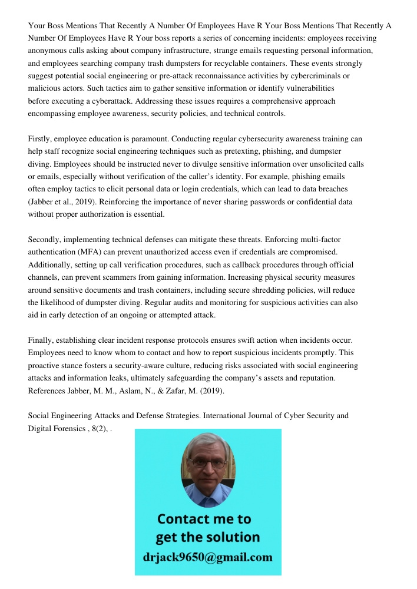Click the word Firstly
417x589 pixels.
pyautogui.click(x=41, y=139)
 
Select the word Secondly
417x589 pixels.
pyautogui.click(x=46, y=239)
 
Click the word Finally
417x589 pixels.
pyautogui.click(x=42, y=340)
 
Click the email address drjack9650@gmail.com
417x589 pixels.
pyautogui.click(x=207, y=557)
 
